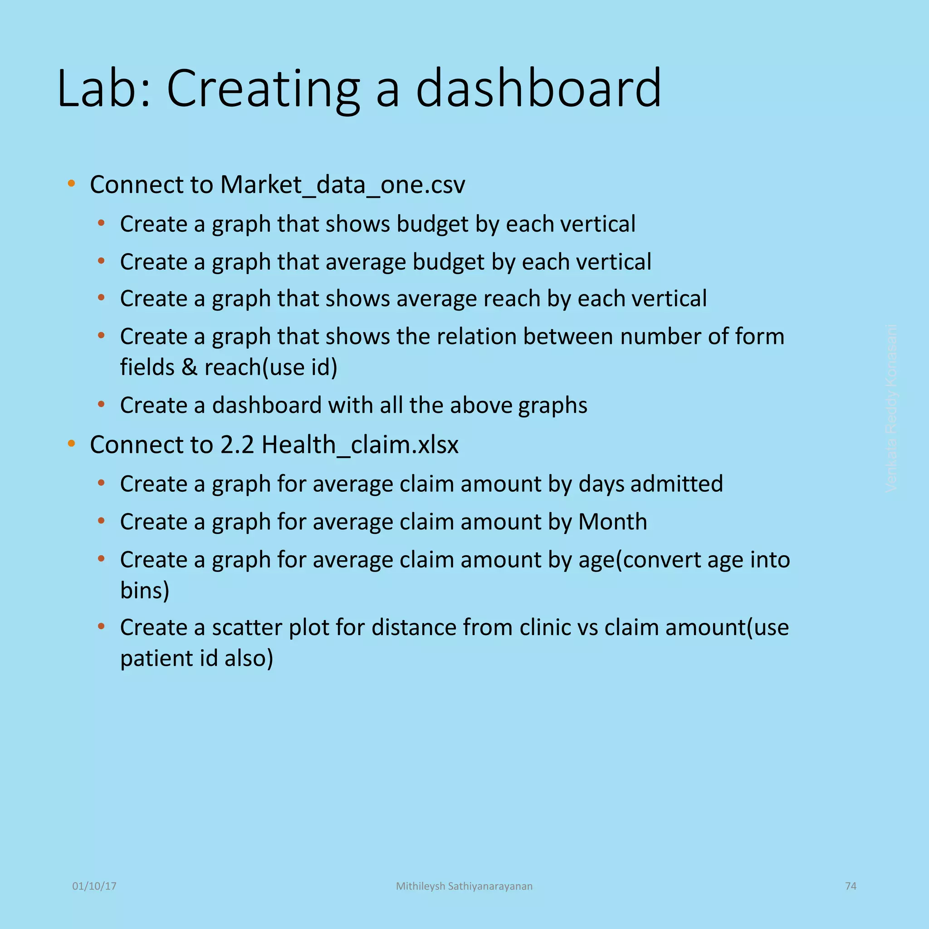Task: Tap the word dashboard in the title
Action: click(x=538, y=88)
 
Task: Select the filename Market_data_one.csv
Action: click(x=342, y=185)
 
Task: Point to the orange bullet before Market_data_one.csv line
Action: click(x=72, y=183)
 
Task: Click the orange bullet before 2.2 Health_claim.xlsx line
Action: click(x=72, y=443)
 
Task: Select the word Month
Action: click(x=612, y=522)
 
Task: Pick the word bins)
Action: click(x=145, y=591)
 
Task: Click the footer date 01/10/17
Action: click(x=94, y=886)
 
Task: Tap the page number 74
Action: click(x=851, y=886)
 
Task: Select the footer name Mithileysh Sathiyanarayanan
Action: click(x=464, y=886)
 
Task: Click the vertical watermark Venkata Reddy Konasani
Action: click(x=891, y=408)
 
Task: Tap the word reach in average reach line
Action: click(x=512, y=298)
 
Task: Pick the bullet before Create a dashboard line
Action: click(x=101, y=404)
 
